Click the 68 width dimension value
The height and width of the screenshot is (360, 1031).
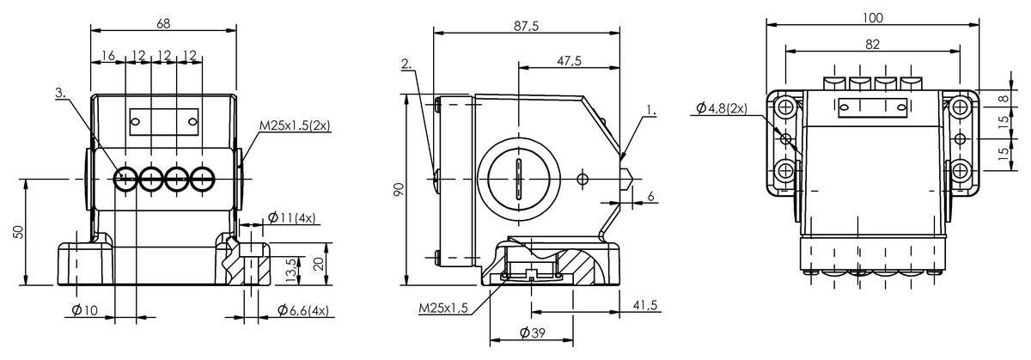pos(163,23)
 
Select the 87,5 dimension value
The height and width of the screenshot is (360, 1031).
pos(526,27)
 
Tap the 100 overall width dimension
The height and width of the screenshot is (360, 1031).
pos(873,17)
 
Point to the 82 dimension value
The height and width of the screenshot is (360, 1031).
pos(873,44)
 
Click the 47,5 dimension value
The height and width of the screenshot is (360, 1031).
pos(570,60)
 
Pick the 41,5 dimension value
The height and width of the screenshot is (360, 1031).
pos(645,305)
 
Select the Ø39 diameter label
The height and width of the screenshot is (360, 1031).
pos(533,333)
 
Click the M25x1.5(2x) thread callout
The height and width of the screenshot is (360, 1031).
pos(295,125)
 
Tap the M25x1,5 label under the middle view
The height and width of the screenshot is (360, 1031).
pos(443,308)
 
